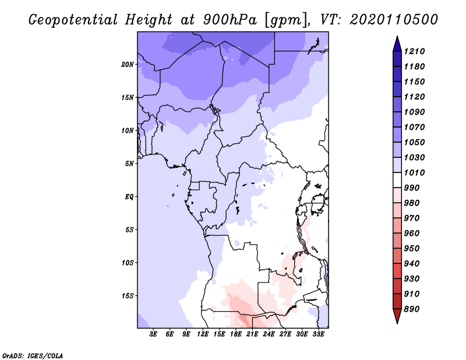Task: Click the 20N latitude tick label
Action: pyautogui.click(x=128, y=64)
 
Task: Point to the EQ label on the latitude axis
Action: pyautogui.click(x=129, y=196)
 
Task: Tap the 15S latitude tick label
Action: pyautogui.click(x=128, y=295)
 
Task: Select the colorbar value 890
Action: pyautogui.click(x=414, y=309)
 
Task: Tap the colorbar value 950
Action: pyautogui.click(x=414, y=248)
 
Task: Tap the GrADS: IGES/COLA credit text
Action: pyautogui.click(x=33, y=355)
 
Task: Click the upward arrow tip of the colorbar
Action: pyautogui.click(x=397, y=38)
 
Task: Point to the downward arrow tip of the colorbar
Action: pyautogui.click(x=397, y=322)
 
